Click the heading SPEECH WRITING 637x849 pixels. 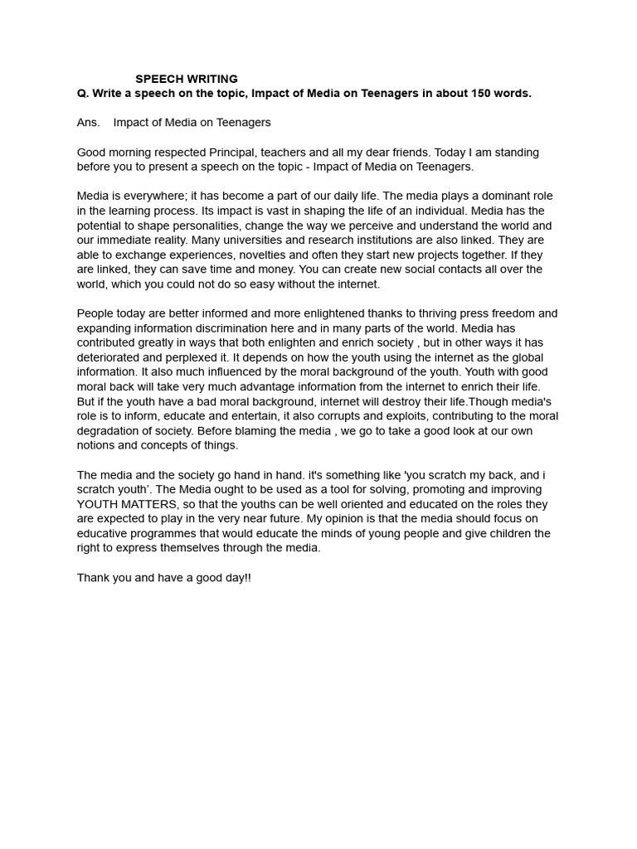tap(187, 80)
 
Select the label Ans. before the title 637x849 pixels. tap(88, 123)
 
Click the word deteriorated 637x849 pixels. tap(111, 357)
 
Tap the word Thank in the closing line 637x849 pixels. tap(94, 578)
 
